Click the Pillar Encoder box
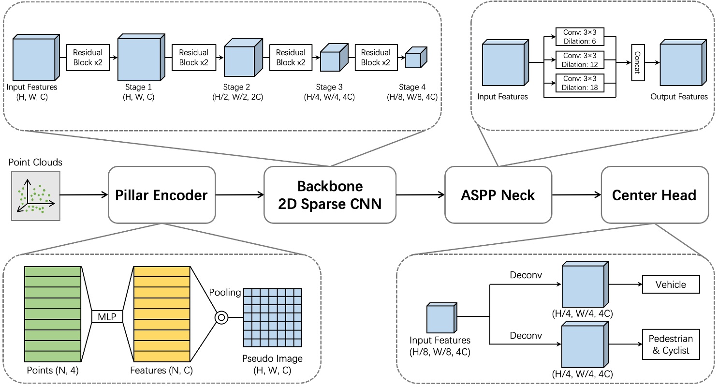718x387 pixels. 161,195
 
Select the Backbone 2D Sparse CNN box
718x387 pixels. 330,195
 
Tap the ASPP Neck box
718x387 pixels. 498,195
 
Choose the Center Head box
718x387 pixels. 654,195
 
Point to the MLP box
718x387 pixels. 107,317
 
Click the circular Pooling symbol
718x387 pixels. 221,317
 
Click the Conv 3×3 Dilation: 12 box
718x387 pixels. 580,61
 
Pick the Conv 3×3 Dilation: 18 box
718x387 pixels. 580,84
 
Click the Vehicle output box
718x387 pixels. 671,284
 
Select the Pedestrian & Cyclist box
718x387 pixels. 671,345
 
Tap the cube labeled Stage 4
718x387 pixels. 415,58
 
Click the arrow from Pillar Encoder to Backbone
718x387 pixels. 239,195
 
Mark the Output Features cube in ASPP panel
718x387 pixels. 680,62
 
